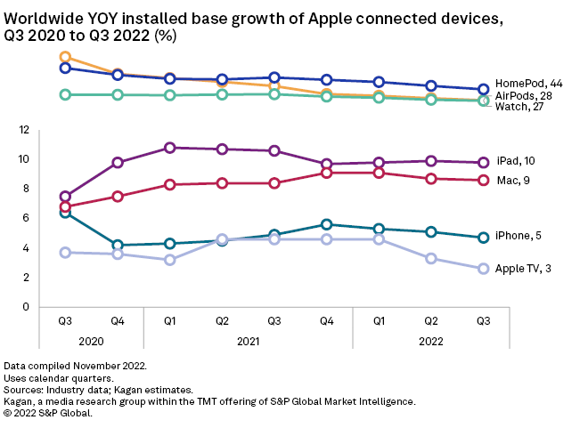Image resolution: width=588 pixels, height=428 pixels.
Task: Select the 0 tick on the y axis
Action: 51,307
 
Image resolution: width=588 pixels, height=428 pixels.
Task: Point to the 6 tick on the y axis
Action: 51,218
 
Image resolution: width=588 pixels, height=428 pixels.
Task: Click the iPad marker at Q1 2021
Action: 169,148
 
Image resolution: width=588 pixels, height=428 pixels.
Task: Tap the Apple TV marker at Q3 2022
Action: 484,269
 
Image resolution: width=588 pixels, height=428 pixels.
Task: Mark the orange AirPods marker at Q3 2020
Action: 65,58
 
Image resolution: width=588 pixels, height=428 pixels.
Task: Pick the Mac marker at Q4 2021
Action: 327,173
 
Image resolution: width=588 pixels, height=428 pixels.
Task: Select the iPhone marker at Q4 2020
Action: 117,245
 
